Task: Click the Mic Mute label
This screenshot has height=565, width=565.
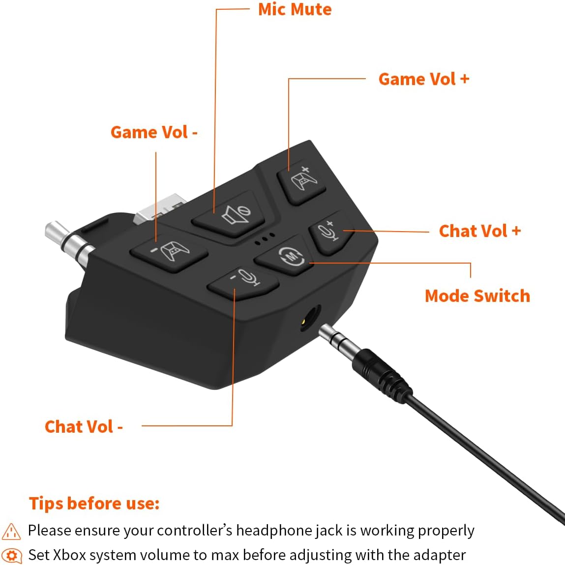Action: pos(295,9)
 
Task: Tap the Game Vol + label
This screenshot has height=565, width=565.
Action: pos(424,79)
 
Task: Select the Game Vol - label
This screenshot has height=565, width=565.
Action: pos(154,132)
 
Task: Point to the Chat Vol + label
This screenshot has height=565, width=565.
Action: pos(479,231)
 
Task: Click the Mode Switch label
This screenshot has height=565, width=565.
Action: pos(477,296)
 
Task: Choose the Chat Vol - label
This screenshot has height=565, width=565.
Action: pos(84,427)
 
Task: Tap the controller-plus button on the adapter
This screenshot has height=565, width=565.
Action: pos(302,182)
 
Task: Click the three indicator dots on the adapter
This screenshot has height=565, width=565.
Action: pos(265,239)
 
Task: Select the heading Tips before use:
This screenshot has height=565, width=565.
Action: pos(94,504)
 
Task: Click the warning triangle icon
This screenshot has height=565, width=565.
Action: pos(11,531)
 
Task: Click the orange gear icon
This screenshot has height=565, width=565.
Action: pos(11,555)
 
